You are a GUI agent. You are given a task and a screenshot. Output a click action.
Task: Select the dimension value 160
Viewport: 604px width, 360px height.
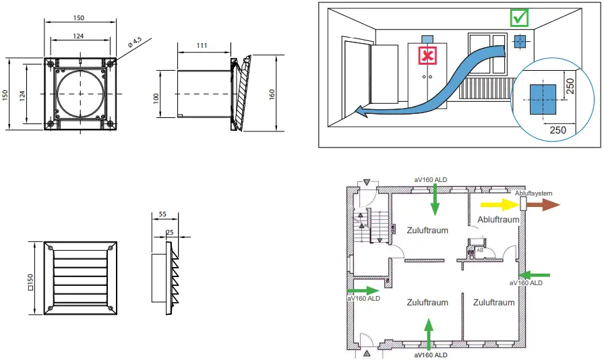tap(272, 94)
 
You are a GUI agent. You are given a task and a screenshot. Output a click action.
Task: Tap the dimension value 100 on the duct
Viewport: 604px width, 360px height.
tap(156, 97)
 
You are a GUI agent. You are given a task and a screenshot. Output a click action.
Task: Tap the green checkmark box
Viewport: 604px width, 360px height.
tap(519, 18)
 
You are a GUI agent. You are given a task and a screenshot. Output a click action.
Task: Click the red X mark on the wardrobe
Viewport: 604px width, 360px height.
tap(427, 56)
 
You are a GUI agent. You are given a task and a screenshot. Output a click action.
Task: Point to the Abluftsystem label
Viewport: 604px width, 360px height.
tap(533, 193)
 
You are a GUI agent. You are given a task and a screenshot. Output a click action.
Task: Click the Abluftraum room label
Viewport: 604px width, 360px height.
tap(498, 219)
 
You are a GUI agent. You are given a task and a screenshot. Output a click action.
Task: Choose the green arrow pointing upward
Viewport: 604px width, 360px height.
tap(427, 333)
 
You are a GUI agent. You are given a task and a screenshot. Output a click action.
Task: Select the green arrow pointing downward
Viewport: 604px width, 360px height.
tap(435, 198)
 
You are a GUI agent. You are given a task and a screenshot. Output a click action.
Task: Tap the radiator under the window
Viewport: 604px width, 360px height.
tap(485, 88)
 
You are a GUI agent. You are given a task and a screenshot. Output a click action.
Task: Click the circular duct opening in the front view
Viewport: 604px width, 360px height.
tap(81, 94)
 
